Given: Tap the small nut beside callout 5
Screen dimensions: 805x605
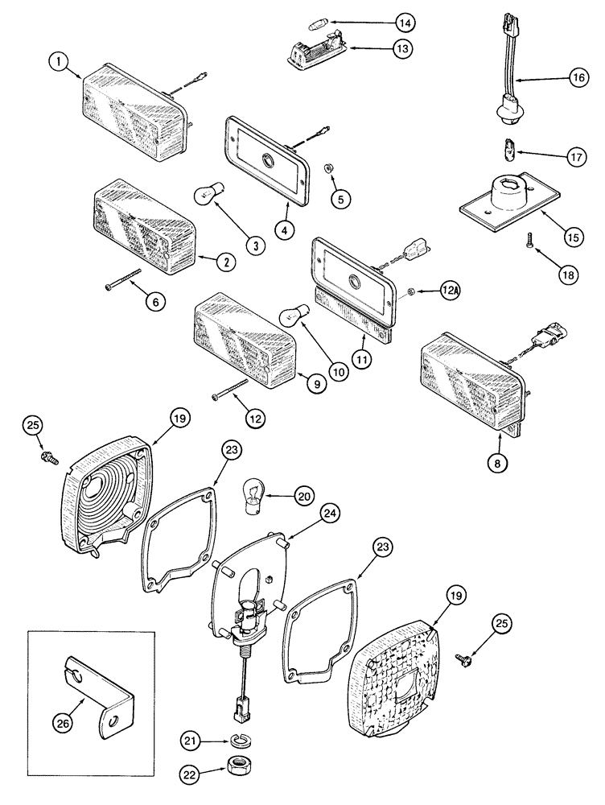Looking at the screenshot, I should tap(331, 170).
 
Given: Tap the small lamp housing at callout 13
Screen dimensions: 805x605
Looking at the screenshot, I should tap(315, 53).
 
